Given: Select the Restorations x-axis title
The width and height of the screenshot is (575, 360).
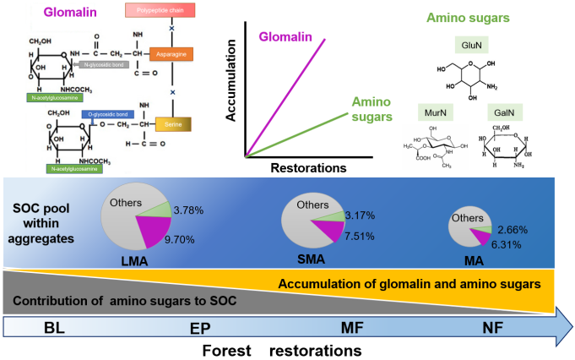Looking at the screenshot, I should [306, 167].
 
